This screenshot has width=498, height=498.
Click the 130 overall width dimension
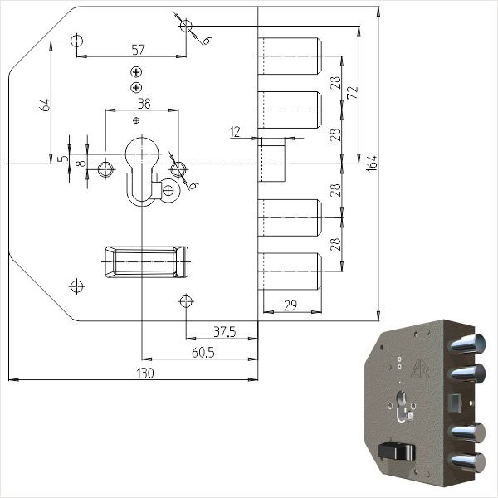click(x=145, y=373)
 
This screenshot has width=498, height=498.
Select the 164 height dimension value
click(x=372, y=164)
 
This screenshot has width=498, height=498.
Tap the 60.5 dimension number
click(x=203, y=353)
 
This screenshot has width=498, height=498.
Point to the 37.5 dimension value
click(x=225, y=332)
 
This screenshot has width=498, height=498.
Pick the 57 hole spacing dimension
click(x=138, y=50)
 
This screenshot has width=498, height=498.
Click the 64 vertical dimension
click(x=45, y=105)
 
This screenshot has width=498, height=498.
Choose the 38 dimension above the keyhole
click(x=144, y=104)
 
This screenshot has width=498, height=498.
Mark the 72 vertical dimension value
click(x=353, y=92)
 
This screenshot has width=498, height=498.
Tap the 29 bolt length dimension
click(x=290, y=305)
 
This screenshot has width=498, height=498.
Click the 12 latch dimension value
click(x=235, y=132)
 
